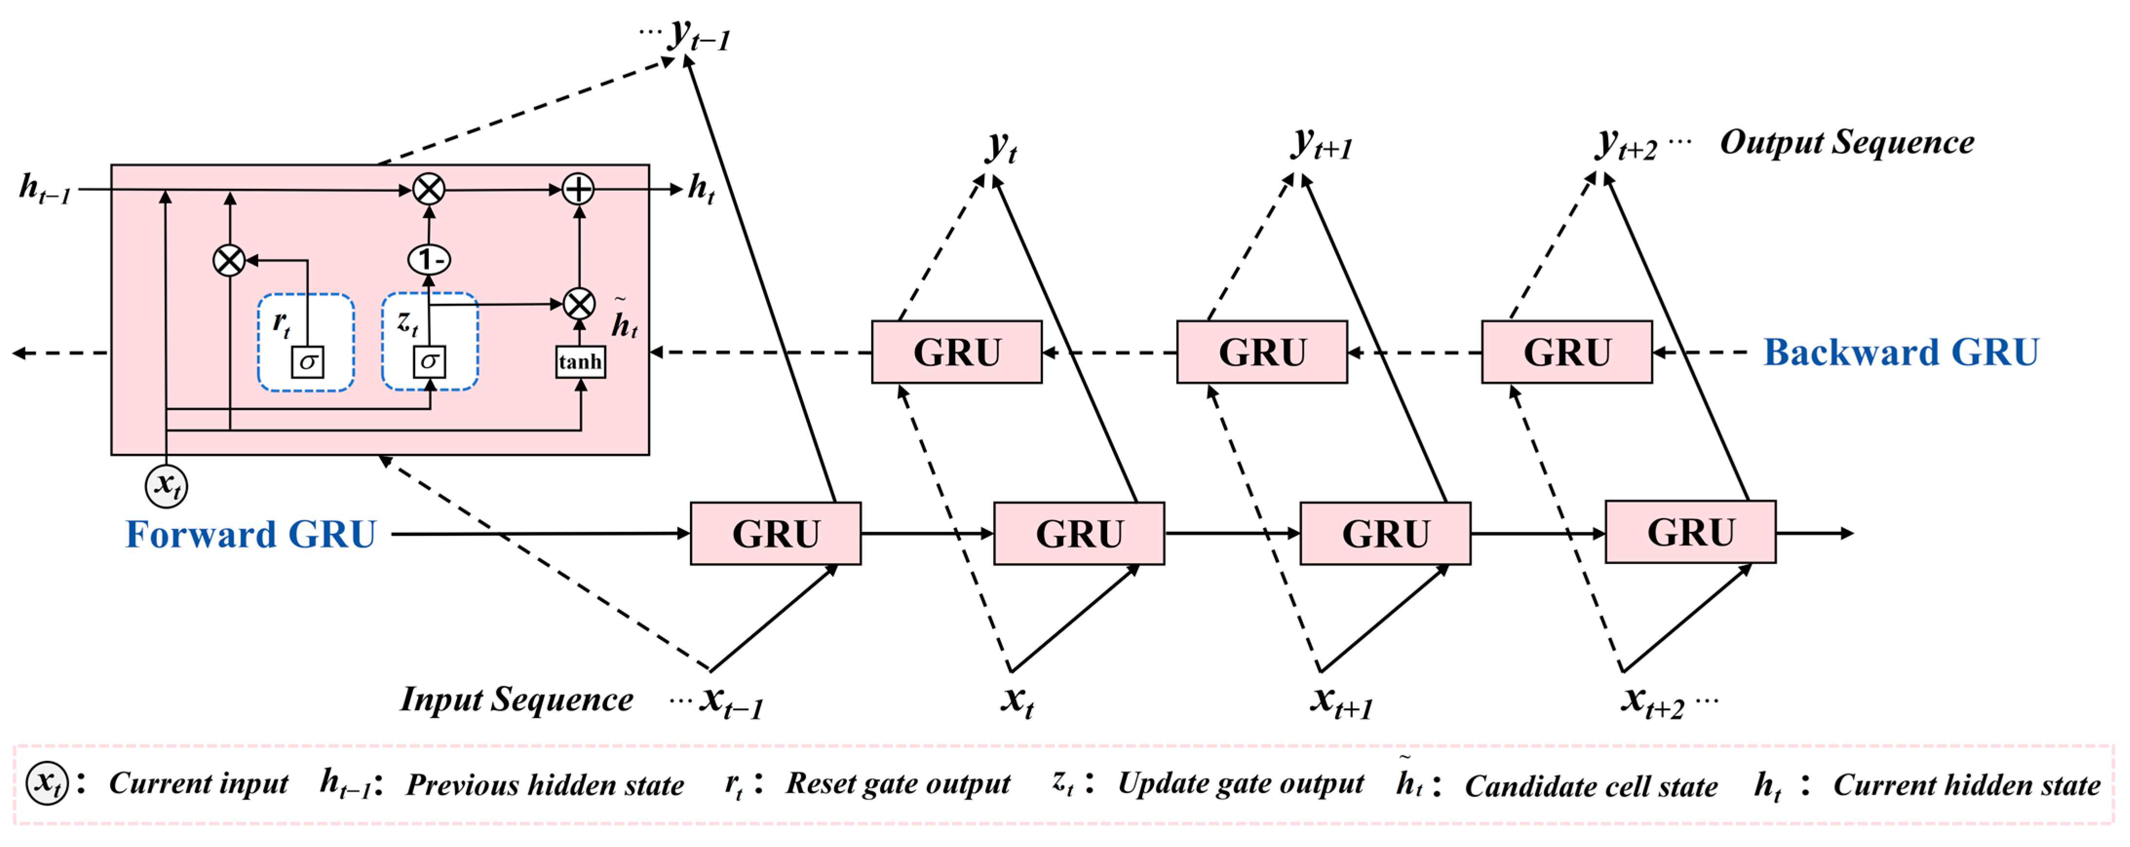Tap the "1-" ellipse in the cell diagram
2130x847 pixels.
click(429, 260)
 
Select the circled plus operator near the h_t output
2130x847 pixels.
click(578, 189)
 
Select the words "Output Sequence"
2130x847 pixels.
click(1846, 142)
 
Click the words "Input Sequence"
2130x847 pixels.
click(517, 699)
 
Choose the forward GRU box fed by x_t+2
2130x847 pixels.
click(1690, 533)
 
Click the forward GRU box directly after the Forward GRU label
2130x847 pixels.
click(776, 534)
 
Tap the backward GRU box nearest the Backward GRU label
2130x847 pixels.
click(1566, 353)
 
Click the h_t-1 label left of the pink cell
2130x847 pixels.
click(45, 189)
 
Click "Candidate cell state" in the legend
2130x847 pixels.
click(1591, 786)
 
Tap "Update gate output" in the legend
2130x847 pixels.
click(1240, 783)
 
